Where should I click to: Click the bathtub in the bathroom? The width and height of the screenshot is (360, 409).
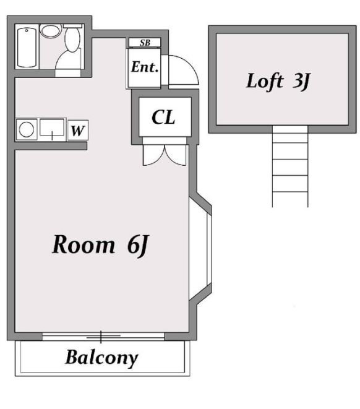[x=27, y=47]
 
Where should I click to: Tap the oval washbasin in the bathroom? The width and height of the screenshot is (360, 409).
[x=51, y=30]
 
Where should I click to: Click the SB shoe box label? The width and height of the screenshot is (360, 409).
[x=145, y=43]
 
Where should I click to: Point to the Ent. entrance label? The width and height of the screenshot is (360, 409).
[x=145, y=67]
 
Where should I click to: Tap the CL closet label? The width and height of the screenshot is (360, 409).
[x=163, y=117]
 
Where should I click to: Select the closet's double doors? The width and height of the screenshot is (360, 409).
[x=165, y=155]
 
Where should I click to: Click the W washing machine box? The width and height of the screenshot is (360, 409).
[x=78, y=130]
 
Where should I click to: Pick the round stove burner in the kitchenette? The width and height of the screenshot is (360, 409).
[x=27, y=129]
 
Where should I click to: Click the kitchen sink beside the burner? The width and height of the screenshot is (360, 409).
[x=52, y=127]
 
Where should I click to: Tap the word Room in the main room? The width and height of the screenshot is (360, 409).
[x=84, y=244]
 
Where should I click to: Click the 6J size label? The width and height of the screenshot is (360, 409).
[x=138, y=245]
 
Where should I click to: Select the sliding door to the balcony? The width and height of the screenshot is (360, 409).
[x=103, y=337]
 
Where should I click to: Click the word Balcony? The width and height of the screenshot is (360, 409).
[x=101, y=358]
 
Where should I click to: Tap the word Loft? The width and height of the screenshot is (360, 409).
[x=265, y=81]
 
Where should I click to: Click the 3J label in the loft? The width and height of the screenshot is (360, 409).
[x=302, y=82]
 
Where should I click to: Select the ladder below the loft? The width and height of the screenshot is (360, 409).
[x=290, y=166]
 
